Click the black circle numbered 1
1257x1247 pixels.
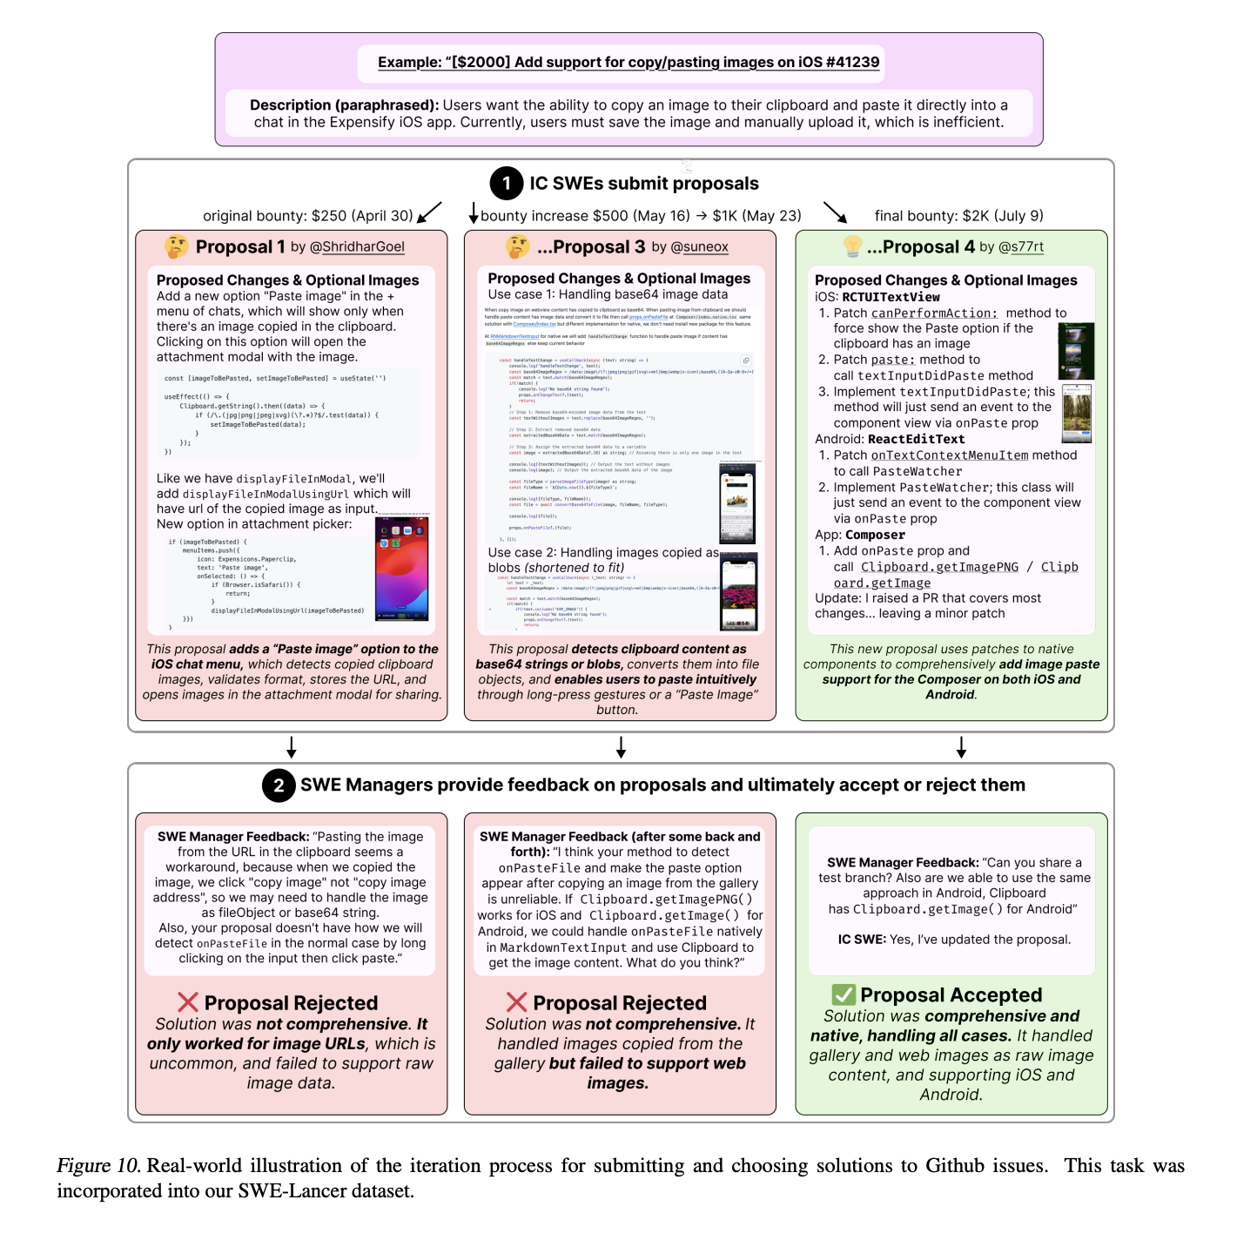click(x=507, y=184)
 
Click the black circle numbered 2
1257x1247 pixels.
click(x=279, y=785)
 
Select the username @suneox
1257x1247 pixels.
click(x=699, y=247)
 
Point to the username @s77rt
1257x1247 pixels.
click(x=1020, y=247)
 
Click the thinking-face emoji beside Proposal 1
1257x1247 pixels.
click(x=177, y=246)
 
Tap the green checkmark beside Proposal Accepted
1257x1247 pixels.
click(x=844, y=994)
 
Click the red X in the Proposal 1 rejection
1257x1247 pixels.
click(x=188, y=1002)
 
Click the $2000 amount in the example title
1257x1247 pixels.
click(x=479, y=63)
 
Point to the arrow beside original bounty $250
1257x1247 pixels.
click(x=430, y=212)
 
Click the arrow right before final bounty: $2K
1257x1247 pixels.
click(x=835, y=212)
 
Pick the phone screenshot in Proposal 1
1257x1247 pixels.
click(x=401, y=569)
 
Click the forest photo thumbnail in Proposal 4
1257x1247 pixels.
click(x=1077, y=414)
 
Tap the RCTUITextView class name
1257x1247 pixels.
click(x=891, y=297)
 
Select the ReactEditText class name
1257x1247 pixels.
click(x=916, y=440)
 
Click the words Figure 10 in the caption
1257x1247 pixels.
click(x=98, y=1166)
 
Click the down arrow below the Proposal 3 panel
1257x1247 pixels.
click(x=621, y=746)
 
